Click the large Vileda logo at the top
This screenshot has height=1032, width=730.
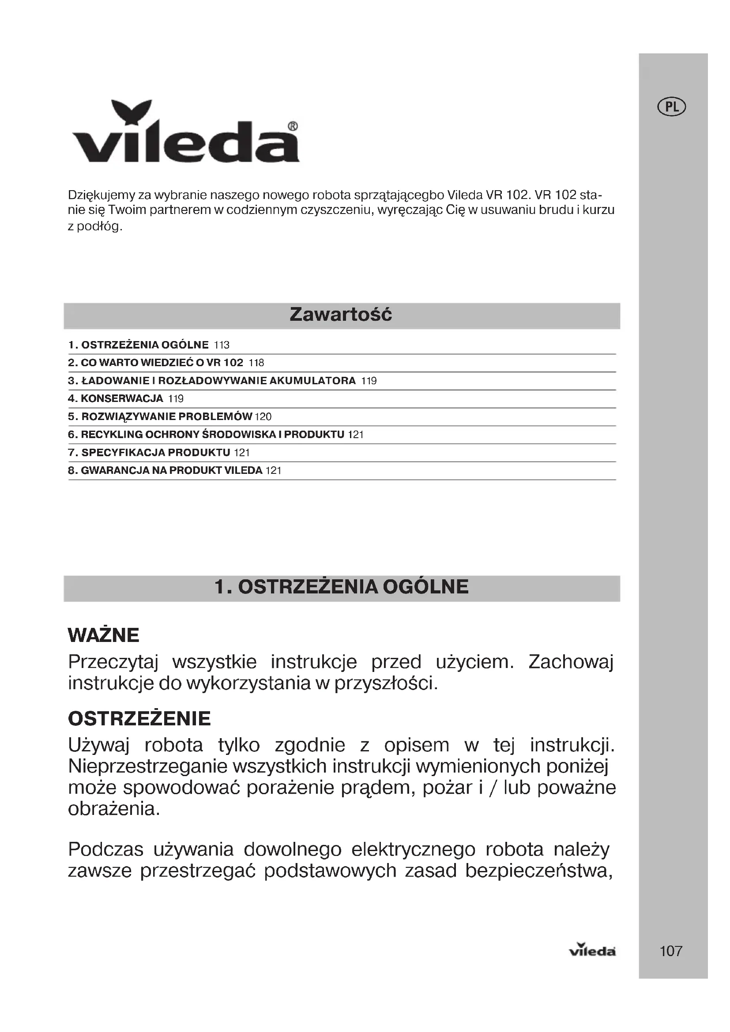(185, 133)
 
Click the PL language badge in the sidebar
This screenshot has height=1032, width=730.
(672, 107)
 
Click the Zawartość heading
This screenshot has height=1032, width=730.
(341, 315)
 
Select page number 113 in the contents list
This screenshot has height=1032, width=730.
(222, 345)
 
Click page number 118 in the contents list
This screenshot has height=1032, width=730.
(257, 363)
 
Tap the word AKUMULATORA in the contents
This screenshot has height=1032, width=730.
(312, 381)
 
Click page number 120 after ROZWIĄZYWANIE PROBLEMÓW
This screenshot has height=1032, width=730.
(263, 417)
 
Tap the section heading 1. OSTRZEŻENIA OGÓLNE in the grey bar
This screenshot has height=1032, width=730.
(342, 587)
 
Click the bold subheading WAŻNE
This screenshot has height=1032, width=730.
(103, 635)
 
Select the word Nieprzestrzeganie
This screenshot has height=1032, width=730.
(146, 766)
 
